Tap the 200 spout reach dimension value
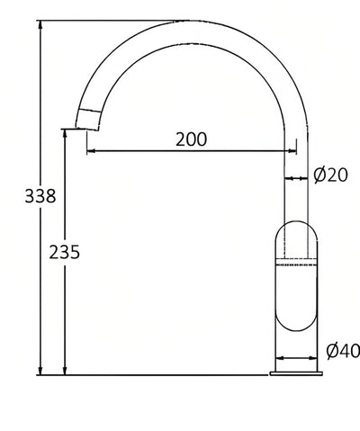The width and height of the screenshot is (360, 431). click(x=191, y=139)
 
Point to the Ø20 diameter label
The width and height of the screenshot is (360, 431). click(x=331, y=175)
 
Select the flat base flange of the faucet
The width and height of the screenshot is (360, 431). click(x=296, y=369)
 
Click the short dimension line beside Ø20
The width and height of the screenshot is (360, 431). click(x=294, y=178)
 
